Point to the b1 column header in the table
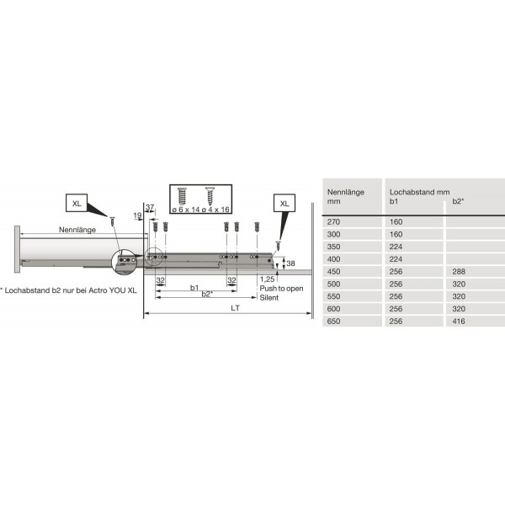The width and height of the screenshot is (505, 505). click(394, 202)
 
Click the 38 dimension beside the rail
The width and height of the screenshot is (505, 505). click(291, 263)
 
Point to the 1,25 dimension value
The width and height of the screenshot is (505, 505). click(267, 279)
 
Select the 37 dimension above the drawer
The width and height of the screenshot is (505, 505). click(150, 207)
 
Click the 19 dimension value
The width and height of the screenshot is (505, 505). click(136, 215)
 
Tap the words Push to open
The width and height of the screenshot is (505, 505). click(281, 288)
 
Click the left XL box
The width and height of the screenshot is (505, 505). click(77, 203)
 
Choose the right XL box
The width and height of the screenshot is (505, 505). click(284, 203)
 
